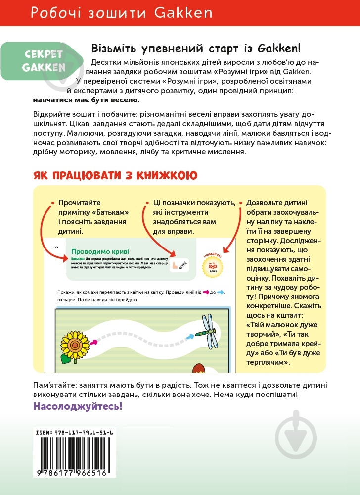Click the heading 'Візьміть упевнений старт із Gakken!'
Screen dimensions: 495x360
coord(196,49)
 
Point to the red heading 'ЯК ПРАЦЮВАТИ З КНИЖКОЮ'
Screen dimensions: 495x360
coord(115,175)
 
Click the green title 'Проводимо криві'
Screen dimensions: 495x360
coord(97,251)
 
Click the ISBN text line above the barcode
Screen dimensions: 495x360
coord(75,432)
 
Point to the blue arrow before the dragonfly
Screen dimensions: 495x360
coord(190,337)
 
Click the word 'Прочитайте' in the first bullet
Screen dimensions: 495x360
coord(80,203)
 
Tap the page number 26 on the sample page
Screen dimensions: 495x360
coord(56,246)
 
